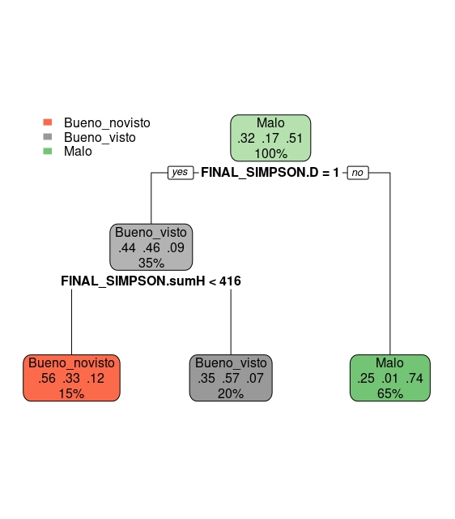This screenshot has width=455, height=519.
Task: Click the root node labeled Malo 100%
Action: click(270, 138)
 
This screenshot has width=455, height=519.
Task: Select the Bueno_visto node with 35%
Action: click(151, 247)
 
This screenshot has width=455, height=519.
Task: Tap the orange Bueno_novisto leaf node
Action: click(72, 377)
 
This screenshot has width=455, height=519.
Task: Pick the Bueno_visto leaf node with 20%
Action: click(231, 377)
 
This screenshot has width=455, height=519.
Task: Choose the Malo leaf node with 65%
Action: click(389, 377)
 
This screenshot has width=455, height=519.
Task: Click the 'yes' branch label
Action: click(180, 172)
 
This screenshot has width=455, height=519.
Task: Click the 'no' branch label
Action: click(356, 172)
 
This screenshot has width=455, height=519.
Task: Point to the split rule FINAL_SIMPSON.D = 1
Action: click(270, 172)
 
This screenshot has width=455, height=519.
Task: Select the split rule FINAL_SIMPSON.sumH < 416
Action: click(151, 281)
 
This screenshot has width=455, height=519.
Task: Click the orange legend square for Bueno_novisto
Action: click(47, 122)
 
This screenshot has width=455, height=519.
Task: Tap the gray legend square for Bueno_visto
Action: click(47, 137)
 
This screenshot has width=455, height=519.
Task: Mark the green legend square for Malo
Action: click(47, 152)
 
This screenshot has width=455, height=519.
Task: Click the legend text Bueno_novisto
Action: click(107, 122)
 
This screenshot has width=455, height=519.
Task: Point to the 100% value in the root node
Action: click(270, 153)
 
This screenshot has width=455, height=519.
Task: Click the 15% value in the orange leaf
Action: click(72, 393)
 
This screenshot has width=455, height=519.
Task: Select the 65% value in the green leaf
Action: click(389, 393)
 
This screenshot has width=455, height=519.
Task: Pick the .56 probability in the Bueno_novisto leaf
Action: click(49, 379)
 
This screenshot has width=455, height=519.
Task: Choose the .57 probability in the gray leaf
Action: click(232, 379)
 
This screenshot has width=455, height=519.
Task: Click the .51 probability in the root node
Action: click(294, 139)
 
